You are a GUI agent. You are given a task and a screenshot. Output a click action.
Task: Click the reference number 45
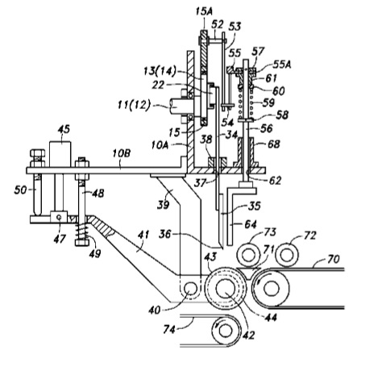[x=64, y=129]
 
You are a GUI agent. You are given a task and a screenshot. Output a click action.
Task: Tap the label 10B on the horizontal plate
[x=122, y=153]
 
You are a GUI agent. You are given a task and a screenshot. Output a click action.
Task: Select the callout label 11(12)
[x=134, y=105]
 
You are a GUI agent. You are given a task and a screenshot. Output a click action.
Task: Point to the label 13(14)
[x=160, y=71]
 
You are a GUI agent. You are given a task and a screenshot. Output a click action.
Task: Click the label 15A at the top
[x=204, y=11]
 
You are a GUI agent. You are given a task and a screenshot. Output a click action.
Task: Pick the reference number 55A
[x=282, y=65]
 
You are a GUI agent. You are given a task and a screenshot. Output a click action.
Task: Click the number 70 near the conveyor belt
[x=334, y=259]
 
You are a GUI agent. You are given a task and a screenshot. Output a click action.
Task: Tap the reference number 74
[x=169, y=329]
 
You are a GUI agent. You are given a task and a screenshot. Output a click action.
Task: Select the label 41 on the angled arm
[x=143, y=235]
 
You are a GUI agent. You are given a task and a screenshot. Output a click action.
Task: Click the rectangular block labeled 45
[x=60, y=154]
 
